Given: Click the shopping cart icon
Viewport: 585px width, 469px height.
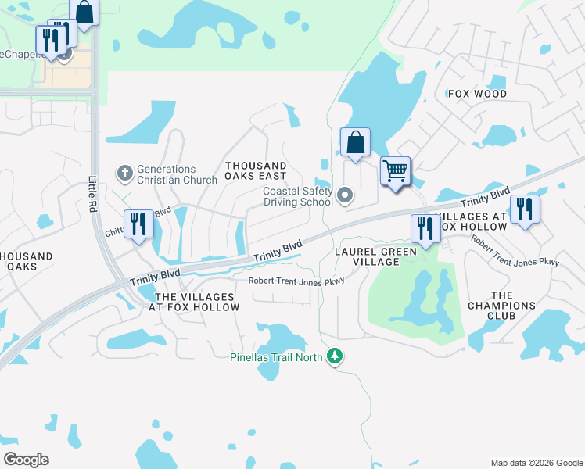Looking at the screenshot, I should pyautogui.click(x=396, y=170).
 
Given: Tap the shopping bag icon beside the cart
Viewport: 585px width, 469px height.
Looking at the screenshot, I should pyautogui.click(x=355, y=142).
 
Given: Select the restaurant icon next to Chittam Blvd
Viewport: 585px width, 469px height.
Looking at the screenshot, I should pyautogui.click(x=138, y=224).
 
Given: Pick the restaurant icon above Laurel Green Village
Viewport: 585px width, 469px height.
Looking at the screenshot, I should pyautogui.click(x=425, y=228).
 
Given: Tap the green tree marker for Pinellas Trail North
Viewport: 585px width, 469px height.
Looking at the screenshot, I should pyautogui.click(x=335, y=356).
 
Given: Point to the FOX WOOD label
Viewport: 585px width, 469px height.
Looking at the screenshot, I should pyautogui.click(x=477, y=94).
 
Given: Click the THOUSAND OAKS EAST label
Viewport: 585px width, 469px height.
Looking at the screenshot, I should pyautogui.click(x=256, y=171).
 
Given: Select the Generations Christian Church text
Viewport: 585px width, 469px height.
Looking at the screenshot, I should pyautogui.click(x=166, y=174).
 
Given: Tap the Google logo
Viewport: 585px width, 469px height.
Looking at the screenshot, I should pyautogui.click(x=26, y=460).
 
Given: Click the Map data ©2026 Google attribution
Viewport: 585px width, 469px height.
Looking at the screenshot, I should pyautogui.click(x=536, y=463).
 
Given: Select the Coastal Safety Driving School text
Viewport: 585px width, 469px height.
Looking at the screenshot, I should pyautogui.click(x=298, y=196).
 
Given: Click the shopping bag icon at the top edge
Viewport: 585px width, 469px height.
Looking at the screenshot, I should pyautogui.click(x=84, y=12).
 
